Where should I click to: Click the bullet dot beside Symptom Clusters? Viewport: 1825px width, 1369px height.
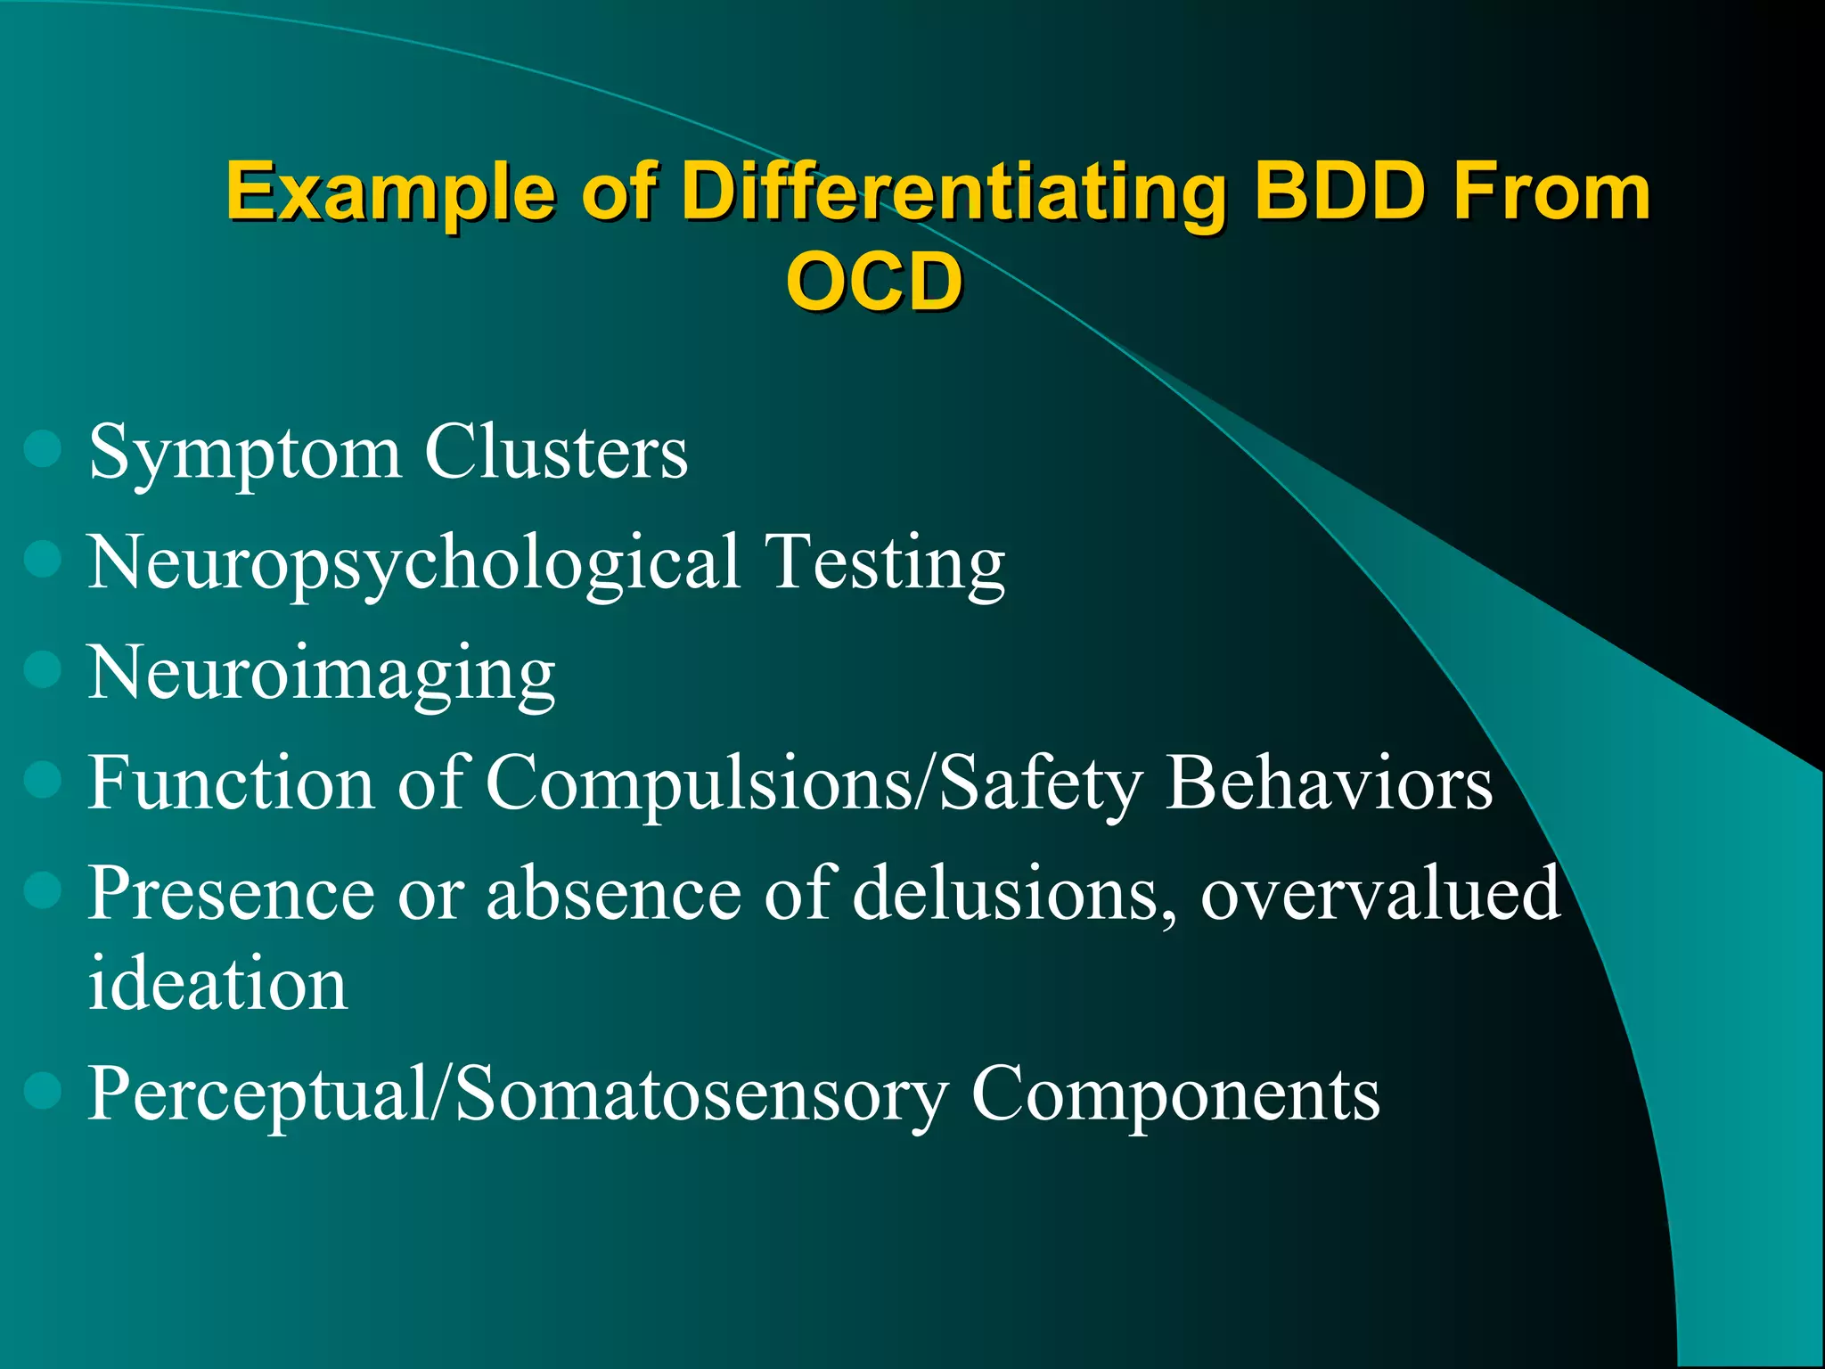click(x=42, y=450)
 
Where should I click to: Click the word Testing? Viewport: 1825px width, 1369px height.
click(x=886, y=563)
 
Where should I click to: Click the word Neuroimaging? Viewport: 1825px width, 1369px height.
click(x=322, y=674)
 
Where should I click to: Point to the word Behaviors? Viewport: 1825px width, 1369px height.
click(x=1329, y=783)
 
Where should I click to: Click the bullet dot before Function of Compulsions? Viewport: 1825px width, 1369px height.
click(x=42, y=781)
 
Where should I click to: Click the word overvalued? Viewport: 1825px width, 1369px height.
click(x=1380, y=893)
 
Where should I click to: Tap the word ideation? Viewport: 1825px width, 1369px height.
click(x=217, y=984)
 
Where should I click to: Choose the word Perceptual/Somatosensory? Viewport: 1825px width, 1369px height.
click(x=517, y=1094)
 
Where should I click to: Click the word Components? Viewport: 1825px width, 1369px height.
click(x=1175, y=1094)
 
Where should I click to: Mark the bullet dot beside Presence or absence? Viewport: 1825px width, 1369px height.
click(x=42, y=889)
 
